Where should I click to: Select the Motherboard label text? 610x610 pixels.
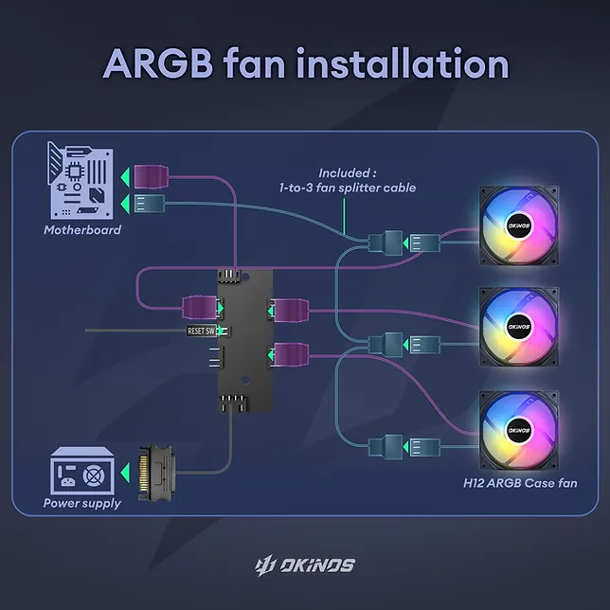(82, 230)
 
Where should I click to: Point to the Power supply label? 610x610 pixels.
(82, 503)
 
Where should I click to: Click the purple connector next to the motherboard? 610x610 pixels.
(151, 176)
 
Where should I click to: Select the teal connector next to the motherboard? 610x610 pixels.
(151, 202)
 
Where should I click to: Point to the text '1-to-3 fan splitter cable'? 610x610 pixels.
(349, 188)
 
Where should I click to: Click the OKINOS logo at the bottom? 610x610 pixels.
(305, 565)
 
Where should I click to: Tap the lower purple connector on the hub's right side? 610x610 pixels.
(287, 354)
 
